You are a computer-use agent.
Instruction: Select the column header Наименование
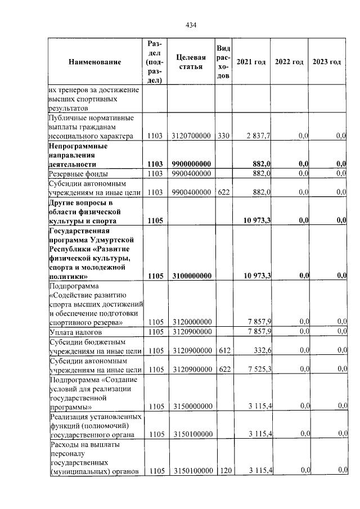click(95, 62)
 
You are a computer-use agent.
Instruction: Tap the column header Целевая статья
click(191, 62)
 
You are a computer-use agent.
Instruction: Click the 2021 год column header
click(251, 62)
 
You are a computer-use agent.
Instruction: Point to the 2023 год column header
click(327, 62)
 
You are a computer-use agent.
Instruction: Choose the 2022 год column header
click(289, 62)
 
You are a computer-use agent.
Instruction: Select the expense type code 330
click(223, 136)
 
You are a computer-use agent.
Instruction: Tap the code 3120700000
click(191, 136)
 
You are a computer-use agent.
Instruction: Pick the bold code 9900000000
click(191, 164)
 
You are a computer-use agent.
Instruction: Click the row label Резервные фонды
click(79, 174)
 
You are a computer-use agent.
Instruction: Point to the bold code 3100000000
click(191, 276)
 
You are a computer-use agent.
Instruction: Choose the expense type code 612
click(223, 350)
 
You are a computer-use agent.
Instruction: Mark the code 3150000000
click(191, 406)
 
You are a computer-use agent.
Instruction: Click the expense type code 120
click(223, 470)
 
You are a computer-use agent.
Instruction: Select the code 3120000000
click(191, 322)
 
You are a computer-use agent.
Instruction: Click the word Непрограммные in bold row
click(78, 146)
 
